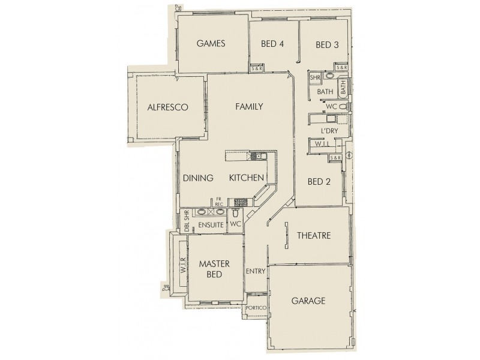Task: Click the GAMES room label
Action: [x=210, y=43]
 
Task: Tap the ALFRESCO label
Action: [x=168, y=107]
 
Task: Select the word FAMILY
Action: [x=249, y=107]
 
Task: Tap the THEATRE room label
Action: [x=314, y=236]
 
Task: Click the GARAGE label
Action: [x=308, y=301]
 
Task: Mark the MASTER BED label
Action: [x=211, y=269]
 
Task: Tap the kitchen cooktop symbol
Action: [x=241, y=202]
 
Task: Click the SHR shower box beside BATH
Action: [x=314, y=78]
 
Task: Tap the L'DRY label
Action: [x=329, y=130]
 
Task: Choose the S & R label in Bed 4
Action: [x=256, y=68]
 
